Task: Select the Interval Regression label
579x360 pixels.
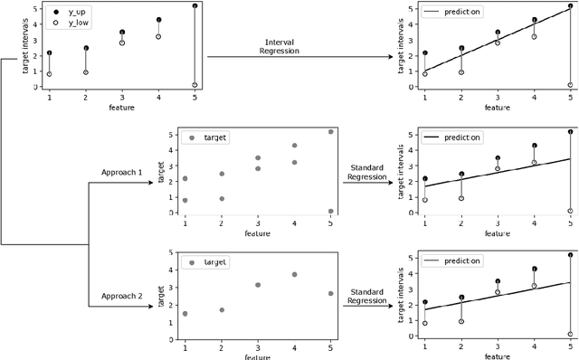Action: [x=284, y=46]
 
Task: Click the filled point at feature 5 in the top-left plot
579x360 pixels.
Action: [x=195, y=6]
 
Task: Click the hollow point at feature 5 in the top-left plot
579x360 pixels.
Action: [x=195, y=85]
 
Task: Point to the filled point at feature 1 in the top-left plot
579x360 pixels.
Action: [x=49, y=53]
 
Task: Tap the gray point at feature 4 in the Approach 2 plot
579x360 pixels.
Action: [x=294, y=275]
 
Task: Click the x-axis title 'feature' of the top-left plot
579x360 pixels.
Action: [x=121, y=108]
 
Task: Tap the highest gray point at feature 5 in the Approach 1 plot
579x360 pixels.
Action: [x=330, y=131]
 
